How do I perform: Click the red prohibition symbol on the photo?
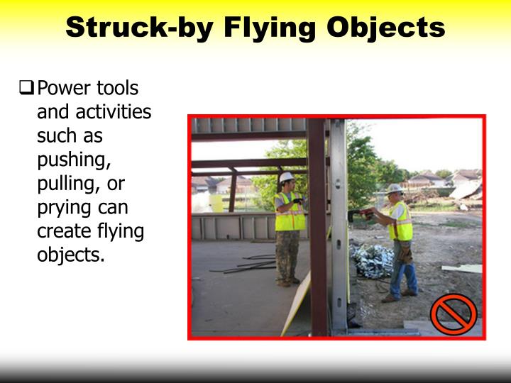(454, 313)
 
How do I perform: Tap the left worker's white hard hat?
(287, 177)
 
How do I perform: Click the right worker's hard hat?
(395, 189)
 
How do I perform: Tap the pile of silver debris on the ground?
(373, 260)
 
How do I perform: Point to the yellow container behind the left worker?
(216, 203)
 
